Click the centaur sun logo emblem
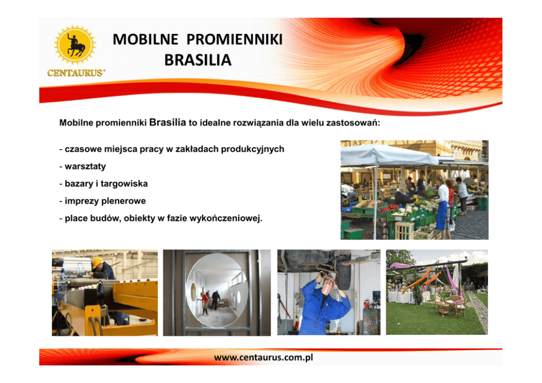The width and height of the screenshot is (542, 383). pyautogui.click(x=75, y=45)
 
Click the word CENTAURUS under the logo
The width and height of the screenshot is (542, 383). pyautogui.click(x=76, y=73)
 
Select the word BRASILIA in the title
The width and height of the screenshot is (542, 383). pyautogui.click(x=198, y=60)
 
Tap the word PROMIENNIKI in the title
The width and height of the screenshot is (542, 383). pyautogui.click(x=235, y=39)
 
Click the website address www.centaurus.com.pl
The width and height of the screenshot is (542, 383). pyautogui.click(x=263, y=357)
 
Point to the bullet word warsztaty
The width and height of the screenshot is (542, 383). pyautogui.click(x=85, y=166)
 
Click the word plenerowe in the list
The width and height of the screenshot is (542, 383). pyautogui.click(x=123, y=201)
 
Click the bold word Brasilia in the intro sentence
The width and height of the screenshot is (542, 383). pyautogui.click(x=168, y=122)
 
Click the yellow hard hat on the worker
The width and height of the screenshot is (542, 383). pyautogui.click(x=97, y=262)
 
